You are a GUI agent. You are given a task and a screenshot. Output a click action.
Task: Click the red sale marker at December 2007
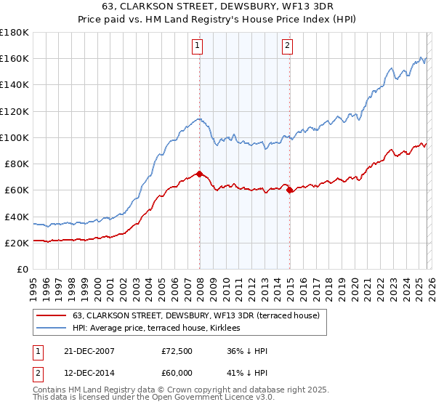click(199, 174)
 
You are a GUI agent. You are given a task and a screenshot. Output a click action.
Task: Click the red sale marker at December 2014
click(290, 190)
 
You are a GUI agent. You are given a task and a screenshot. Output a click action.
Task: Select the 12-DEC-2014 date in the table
click(89, 371)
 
